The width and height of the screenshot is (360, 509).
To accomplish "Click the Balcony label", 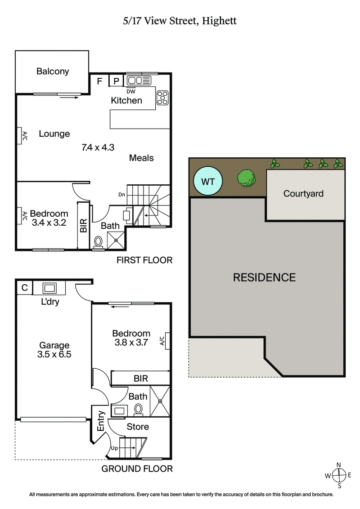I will coord(53,71).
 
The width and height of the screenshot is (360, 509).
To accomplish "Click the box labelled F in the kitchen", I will coord(99,81).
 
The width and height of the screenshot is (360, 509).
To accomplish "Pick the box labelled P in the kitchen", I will coord(116,81).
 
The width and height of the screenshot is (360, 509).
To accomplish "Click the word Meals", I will coord(141,158).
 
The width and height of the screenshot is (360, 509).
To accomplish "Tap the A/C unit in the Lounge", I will coord(21,136).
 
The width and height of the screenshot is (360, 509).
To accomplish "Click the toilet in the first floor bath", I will coord(98,242).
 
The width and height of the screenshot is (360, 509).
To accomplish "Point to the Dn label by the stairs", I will coord(121,194).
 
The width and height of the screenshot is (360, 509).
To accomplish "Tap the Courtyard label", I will coord(303,193).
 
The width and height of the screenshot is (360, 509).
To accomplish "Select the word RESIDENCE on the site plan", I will coord(264,277).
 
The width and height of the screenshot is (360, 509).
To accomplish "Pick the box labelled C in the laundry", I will coord(23,288).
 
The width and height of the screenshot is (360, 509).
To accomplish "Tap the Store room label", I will coord(138,426).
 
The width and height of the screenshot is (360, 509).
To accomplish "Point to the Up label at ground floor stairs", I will coord(115,449).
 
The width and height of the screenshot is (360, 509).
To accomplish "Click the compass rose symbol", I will coord(338,475).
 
